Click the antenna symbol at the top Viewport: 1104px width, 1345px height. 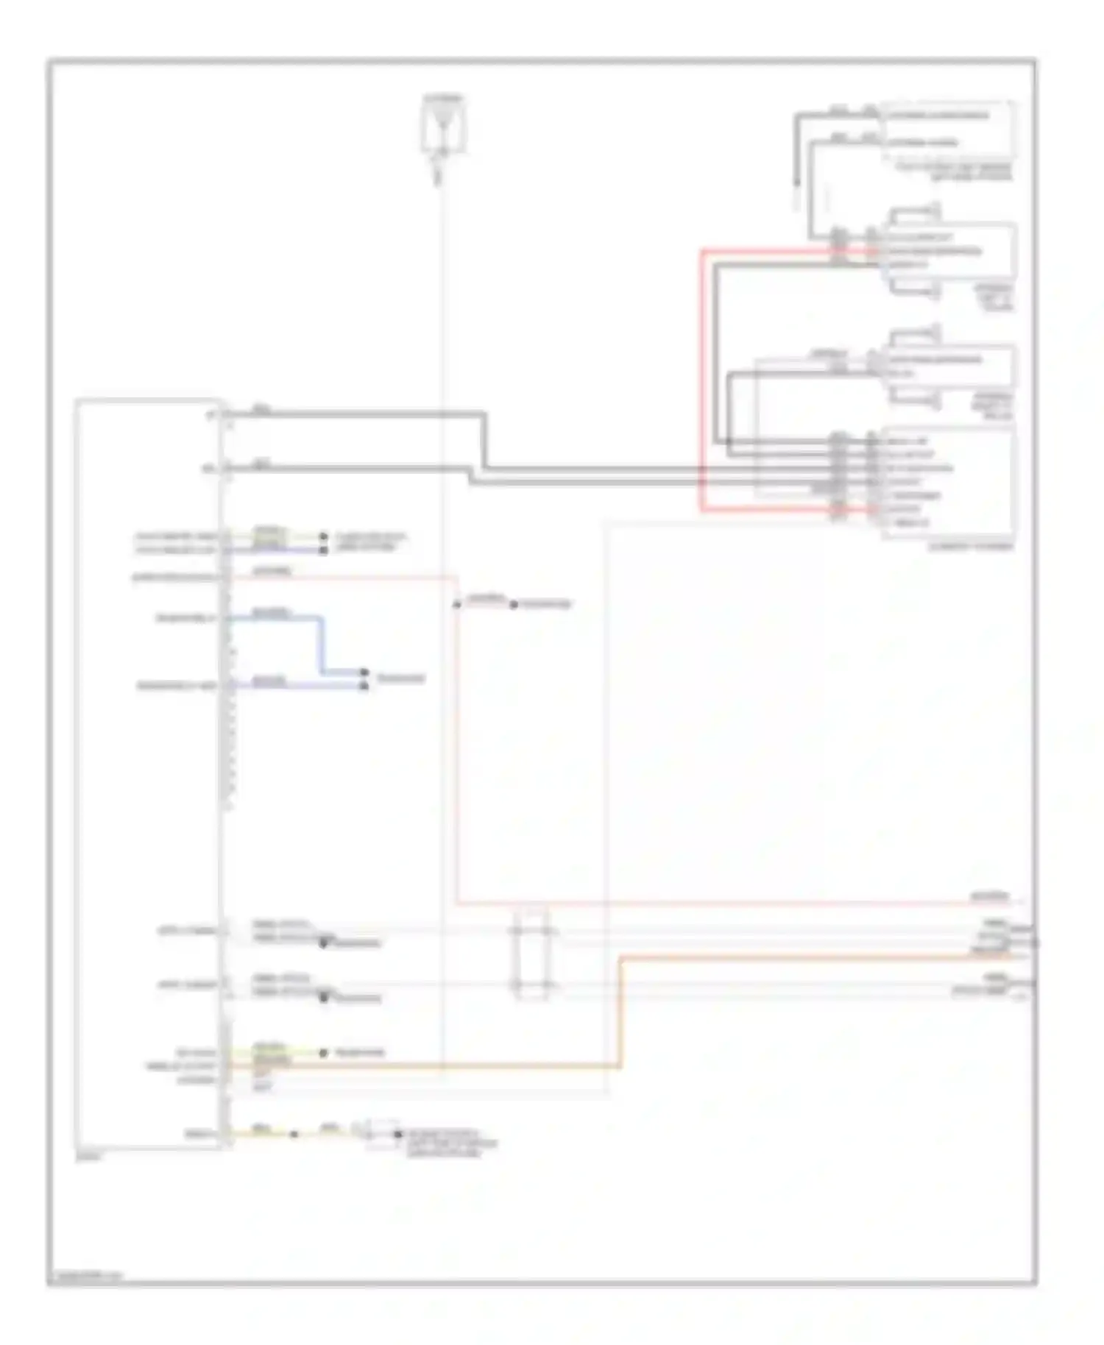[442, 129]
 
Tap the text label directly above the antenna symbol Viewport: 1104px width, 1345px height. [443, 98]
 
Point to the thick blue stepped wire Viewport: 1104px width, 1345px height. [321, 645]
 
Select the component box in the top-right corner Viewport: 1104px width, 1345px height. [949, 129]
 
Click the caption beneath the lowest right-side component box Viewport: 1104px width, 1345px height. [971, 547]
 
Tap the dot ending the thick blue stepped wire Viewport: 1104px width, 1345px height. [364, 672]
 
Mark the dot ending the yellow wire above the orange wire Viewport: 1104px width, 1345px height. [323, 1053]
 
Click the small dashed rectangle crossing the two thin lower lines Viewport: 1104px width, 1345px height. [531, 954]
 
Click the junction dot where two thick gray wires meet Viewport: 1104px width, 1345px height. [729, 441]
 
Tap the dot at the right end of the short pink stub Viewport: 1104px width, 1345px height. [514, 605]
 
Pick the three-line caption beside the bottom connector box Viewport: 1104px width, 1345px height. [449, 1143]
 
